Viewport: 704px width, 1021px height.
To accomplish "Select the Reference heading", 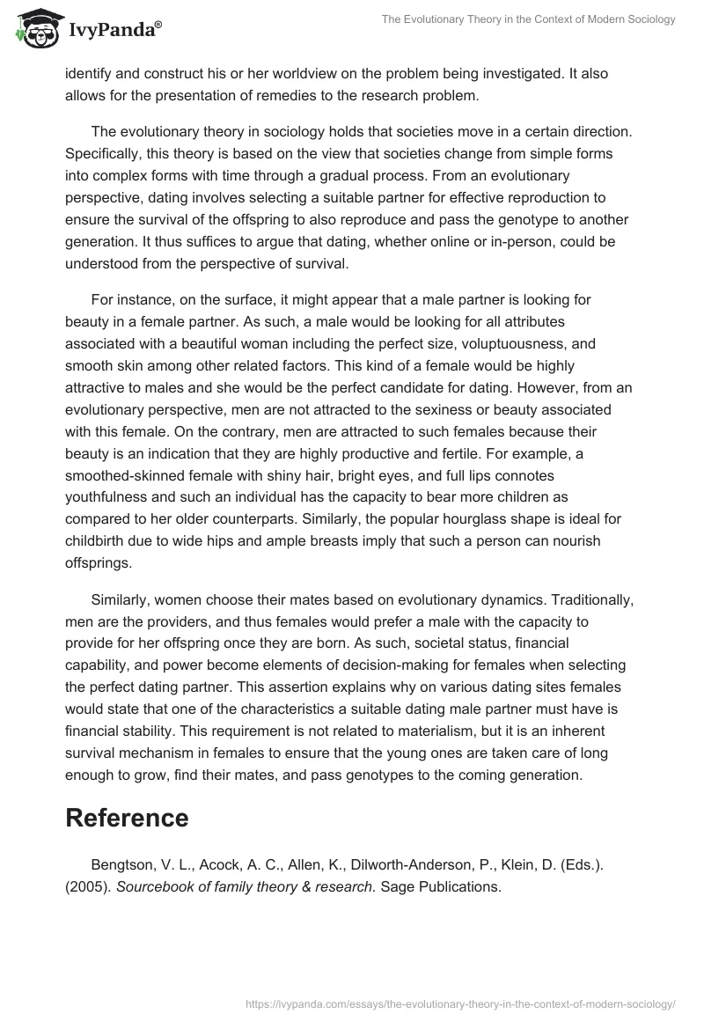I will [x=127, y=818].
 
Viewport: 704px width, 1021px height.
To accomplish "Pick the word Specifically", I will [x=102, y=153].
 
